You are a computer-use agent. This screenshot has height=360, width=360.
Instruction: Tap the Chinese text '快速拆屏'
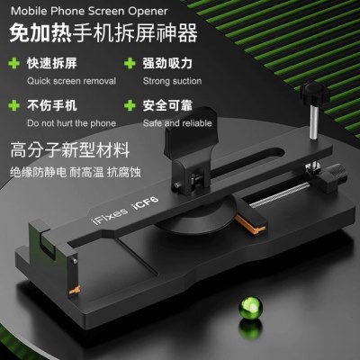(x=45, y=63)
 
